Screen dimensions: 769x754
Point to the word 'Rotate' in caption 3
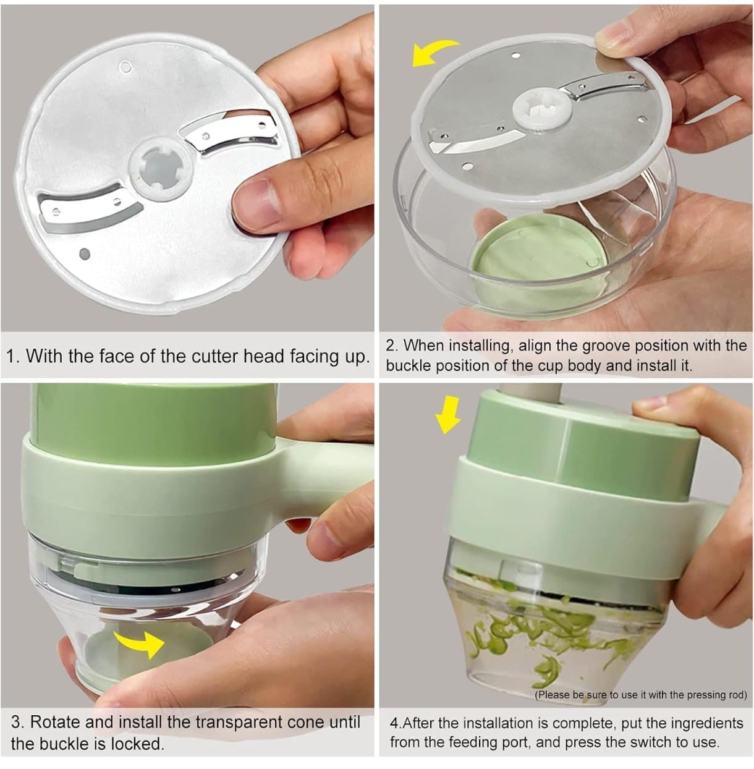click(x=54, y=722)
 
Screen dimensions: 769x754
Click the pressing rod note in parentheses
click(x=640, y=695)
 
